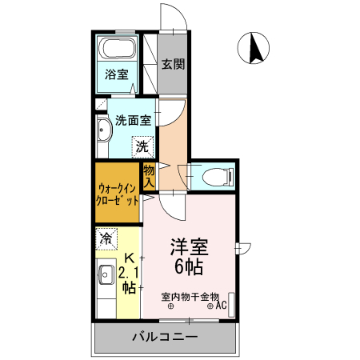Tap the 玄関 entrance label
[x=172, y=64]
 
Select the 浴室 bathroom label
[x=117, y=77]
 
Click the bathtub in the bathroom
[x=117, y=49]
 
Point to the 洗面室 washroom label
[x=134, y=122]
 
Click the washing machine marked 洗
[x=142, y=146]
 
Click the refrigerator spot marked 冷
[x=106, y=238]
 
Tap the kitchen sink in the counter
[x=105, y=277]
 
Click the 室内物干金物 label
[x=190, y=296]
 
